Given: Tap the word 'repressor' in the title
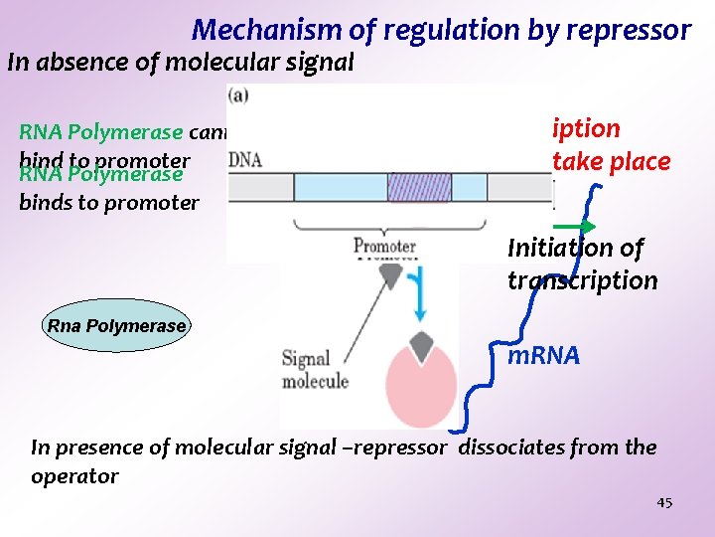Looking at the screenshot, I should tap(630, 31).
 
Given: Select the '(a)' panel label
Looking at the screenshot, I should tap(238, 96).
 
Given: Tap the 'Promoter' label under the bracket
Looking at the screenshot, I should tap(384, 246).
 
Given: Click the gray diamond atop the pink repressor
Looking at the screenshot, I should tap(421, 344).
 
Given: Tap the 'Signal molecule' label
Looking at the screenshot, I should tap(315, 370).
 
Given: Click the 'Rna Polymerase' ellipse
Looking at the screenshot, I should tap(117, 326).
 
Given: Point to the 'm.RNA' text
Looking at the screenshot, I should tap(543, 356).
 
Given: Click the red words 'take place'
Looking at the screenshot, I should tap(611, 161).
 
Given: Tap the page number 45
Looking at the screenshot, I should tap(664, 503).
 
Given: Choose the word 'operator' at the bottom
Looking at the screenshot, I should tap(74, 476).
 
